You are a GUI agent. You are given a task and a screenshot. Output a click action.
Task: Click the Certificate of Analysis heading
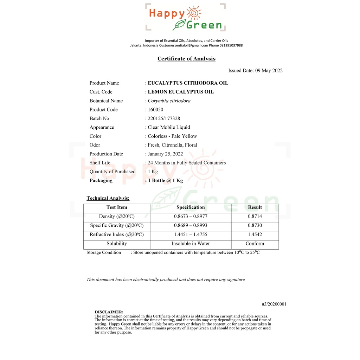point(186,59)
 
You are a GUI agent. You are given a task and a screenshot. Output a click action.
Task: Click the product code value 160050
point(155,110)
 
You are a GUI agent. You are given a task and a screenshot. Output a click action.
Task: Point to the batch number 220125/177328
point(164,118)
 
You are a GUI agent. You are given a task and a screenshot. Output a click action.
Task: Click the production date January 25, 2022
point(165,154)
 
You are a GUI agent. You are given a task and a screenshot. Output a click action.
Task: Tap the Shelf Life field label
point(100,163)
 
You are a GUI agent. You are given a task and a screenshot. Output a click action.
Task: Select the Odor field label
point(95,145)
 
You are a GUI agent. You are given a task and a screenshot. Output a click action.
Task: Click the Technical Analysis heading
point(108,198)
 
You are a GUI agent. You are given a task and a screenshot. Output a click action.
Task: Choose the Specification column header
point(191,207)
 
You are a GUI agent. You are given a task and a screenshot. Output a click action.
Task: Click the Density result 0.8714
point(255,217)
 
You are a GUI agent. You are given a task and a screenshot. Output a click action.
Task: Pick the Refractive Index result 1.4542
point(255,234)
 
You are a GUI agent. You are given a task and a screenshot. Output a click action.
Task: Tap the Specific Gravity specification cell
point(191,225)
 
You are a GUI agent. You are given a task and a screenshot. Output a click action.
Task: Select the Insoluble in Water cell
point(191,244)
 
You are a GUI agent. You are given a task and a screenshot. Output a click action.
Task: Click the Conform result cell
point(255,244)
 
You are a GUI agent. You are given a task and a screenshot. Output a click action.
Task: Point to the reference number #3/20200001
point(274,304)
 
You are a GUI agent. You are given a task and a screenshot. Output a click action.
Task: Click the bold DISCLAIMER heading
point(109,312)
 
